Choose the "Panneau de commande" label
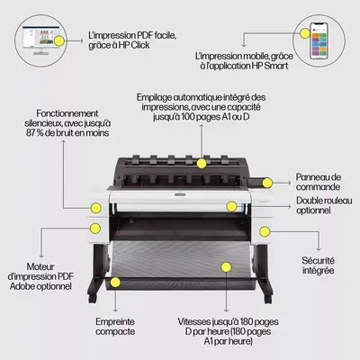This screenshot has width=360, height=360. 321,182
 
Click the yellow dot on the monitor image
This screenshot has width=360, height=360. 59,40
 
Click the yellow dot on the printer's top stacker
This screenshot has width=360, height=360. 201,162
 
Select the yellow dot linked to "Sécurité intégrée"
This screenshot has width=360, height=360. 265,230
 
